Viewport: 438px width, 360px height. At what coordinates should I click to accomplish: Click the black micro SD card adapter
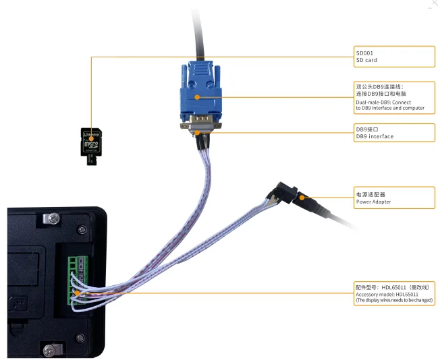click(90, 144)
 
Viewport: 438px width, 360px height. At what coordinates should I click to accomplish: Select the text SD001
click(364, 53)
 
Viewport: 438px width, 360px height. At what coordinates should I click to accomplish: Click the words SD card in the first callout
click(366, 61)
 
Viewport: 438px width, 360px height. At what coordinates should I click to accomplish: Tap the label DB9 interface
click(375, 136)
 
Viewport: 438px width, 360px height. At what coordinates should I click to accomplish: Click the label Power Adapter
click(373, 202)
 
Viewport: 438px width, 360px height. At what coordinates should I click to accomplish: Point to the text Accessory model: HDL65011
click(387, 295)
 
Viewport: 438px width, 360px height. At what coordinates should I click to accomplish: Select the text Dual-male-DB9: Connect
click(383, 102)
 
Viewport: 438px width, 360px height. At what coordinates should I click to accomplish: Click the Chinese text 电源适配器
click(370, 194)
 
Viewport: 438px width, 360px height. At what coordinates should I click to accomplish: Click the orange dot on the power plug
click(303, 198)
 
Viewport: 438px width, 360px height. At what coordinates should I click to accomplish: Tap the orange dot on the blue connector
click(196, 98)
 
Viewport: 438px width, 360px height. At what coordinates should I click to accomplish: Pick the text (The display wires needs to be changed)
click(394, 300)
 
